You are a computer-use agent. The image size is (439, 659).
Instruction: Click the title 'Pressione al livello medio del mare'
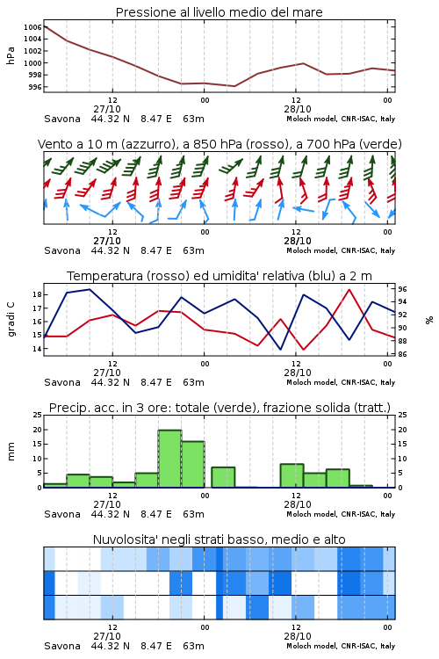tap(219, 12)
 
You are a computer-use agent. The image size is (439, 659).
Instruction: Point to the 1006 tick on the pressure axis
tap(32, 27)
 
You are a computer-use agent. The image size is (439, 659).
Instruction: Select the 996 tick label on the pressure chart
tap(34, 87)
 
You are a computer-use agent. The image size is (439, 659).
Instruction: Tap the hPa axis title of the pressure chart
tap(11, 55)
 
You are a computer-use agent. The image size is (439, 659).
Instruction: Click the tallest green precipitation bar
tap(169, 459)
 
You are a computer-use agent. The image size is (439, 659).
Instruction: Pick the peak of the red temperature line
tap(349, 290)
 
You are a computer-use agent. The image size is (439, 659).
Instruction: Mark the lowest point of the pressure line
tap(234, 86)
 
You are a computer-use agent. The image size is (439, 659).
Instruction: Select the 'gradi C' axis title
tap(11, 320)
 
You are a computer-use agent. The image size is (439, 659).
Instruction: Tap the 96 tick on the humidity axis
tap(402, 289)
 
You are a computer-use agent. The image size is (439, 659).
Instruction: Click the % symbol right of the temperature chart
tap(429, 320)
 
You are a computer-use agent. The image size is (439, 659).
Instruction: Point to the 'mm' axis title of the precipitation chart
tap(11, 452)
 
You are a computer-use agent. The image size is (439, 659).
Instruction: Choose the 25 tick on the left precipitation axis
tap(38, 415)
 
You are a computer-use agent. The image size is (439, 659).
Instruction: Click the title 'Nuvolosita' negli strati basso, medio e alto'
tap(219, 540)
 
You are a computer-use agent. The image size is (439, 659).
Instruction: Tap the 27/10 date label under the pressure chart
tap(107, 109)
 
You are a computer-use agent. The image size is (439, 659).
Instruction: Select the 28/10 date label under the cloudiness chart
tap(298, 636)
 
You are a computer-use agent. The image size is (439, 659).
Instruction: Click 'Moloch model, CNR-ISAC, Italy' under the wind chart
tap(341, 250)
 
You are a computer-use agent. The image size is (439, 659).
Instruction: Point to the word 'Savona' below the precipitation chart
tap(62, 514)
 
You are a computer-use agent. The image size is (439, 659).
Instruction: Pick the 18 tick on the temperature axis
tap(38, 294)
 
